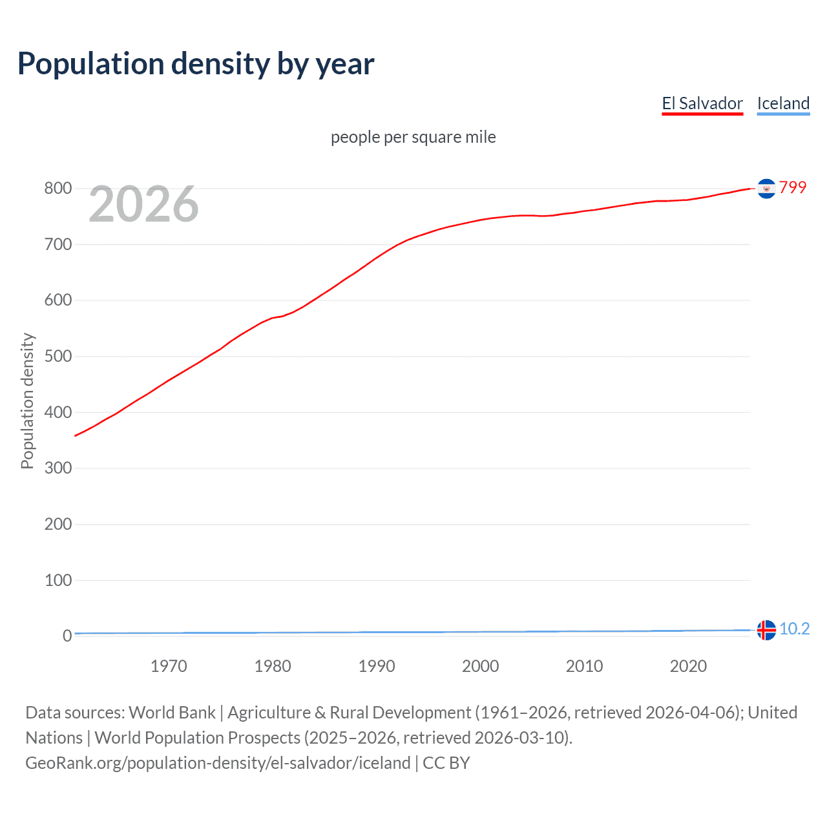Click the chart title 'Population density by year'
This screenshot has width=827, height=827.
[196, 64]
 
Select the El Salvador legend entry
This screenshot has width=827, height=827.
[702, 103]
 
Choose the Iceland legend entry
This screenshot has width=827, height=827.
[783, 103]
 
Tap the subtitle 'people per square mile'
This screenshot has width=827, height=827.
[413, 137]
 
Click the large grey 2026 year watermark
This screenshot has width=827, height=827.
[143, 204]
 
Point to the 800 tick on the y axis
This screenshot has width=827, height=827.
[58, 189]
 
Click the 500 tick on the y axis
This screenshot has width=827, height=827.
[58, 357]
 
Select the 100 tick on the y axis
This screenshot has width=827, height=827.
[58, 580]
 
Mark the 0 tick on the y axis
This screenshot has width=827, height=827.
[67, 636]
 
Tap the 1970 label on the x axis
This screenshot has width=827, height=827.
[169, 666]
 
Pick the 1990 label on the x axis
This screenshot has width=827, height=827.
[377, 666]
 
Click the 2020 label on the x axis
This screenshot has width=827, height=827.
[688, 666]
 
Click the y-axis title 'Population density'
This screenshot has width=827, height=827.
[27, 401]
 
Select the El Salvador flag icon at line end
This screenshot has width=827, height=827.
[766, 189]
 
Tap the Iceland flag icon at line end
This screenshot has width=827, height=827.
[766, 629]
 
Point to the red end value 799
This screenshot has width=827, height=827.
[793, 187]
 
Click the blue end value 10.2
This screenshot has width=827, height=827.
[794, 629]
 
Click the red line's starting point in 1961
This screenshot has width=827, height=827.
[76, 435]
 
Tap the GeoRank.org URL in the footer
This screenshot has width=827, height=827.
[218, 763]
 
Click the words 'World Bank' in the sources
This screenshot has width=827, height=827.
[172, 713]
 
